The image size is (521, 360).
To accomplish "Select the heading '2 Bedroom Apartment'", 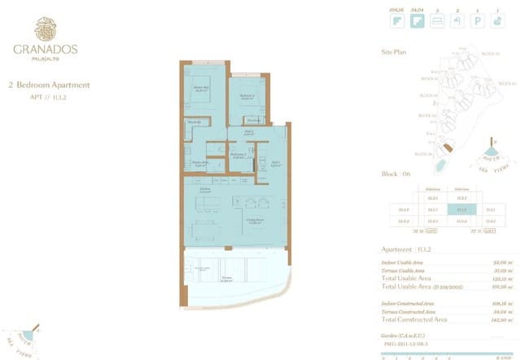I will pos(49,85).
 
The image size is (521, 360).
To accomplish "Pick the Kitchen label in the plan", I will pos(205,191).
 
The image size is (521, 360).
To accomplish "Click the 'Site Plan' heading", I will pos(393,50).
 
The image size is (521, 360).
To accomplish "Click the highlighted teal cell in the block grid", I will pos(462,209).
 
